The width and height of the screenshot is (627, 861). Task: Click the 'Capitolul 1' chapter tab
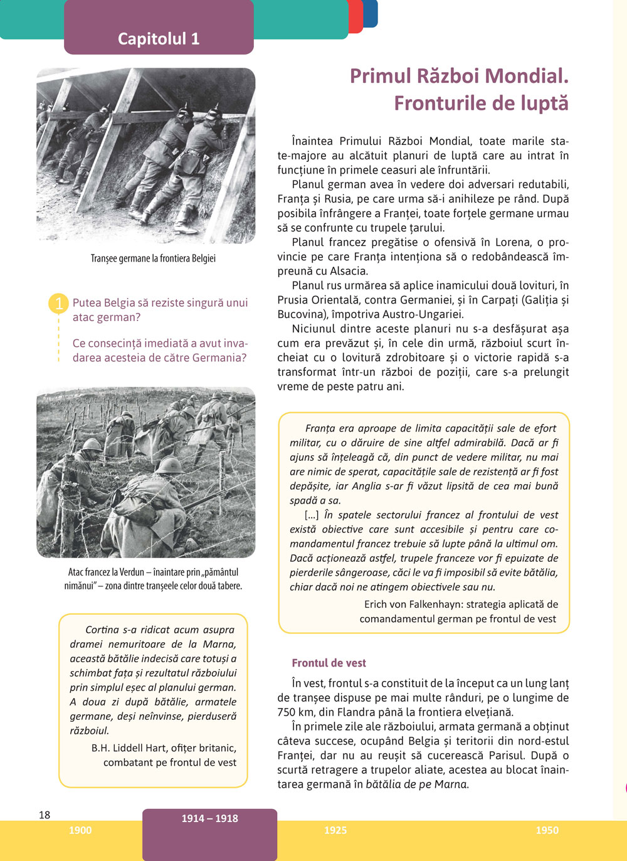click(x=159, y=39)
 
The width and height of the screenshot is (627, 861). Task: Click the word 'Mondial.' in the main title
click(x=527, y=76)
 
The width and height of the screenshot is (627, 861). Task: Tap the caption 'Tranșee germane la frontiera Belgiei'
click(x=153, y=258)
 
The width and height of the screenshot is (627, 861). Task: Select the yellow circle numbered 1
click(x=58, y=304)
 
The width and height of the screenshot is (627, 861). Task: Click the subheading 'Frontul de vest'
click(x=329, y=663)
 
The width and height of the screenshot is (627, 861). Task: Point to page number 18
click(x=45, y=815)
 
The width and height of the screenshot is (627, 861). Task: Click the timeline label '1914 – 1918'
click(x=209, y=818)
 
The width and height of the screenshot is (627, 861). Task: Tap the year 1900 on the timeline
click(x=80, y=830)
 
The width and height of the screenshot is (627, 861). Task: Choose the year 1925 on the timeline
click(x=335, y=830)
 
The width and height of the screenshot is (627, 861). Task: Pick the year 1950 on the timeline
click(x=547, y=830)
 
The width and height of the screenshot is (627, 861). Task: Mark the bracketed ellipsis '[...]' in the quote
click(x=312, y=515)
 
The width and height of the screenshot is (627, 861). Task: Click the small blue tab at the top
click(x=371, y=13)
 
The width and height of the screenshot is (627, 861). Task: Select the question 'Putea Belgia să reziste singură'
click(x=160, y=303)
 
